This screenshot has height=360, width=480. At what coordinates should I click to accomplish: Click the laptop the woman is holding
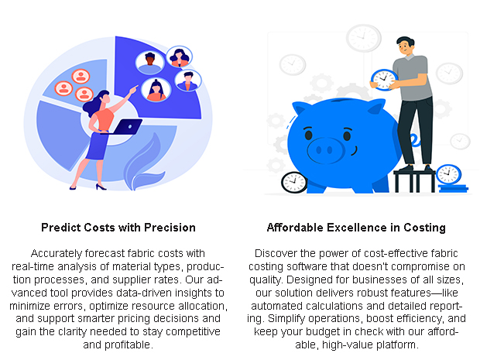tap(124, 127)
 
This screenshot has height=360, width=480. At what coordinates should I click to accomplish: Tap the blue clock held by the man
tap(384, 80)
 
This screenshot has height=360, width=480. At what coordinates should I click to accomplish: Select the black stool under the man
tap(414, 180)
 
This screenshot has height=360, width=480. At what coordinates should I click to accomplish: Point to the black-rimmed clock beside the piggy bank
tap(294, 183)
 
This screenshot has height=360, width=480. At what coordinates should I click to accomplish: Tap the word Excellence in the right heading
tap(357, 228)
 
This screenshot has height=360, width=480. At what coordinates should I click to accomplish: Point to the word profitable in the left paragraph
tap(127, 345)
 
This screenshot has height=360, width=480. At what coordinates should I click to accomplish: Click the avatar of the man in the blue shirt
tap(188, 81)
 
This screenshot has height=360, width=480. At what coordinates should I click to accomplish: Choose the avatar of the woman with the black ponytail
tap(156, 90)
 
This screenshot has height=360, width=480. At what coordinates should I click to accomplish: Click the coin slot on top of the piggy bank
tap(341, 101)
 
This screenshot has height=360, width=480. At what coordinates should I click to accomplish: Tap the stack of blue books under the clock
tap(453, 188)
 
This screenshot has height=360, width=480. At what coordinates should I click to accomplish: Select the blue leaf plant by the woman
tap(144, 166)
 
